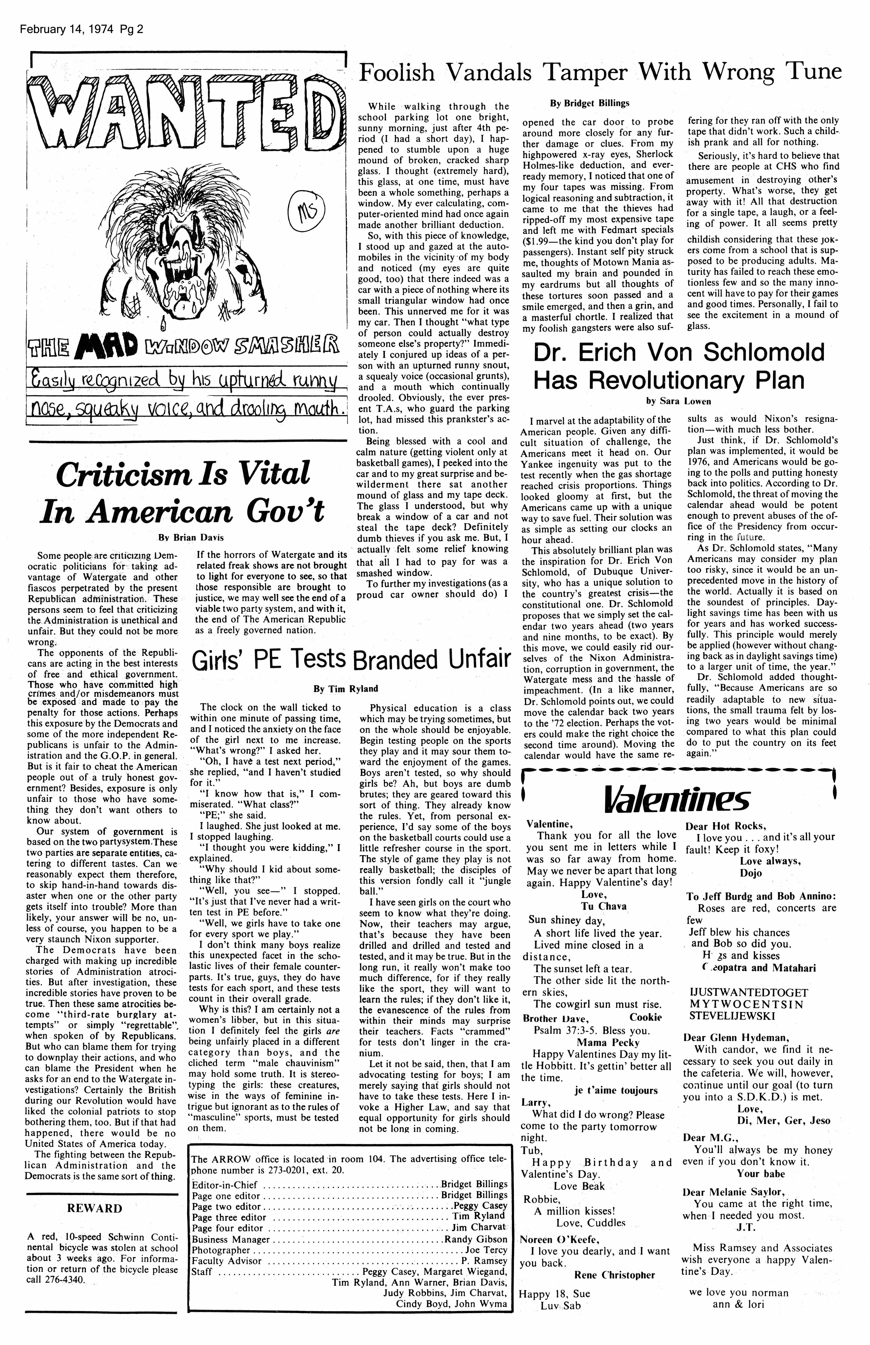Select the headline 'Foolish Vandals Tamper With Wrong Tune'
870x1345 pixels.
600,74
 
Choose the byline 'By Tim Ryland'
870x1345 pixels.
346,689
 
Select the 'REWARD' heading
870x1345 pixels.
94,1209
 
